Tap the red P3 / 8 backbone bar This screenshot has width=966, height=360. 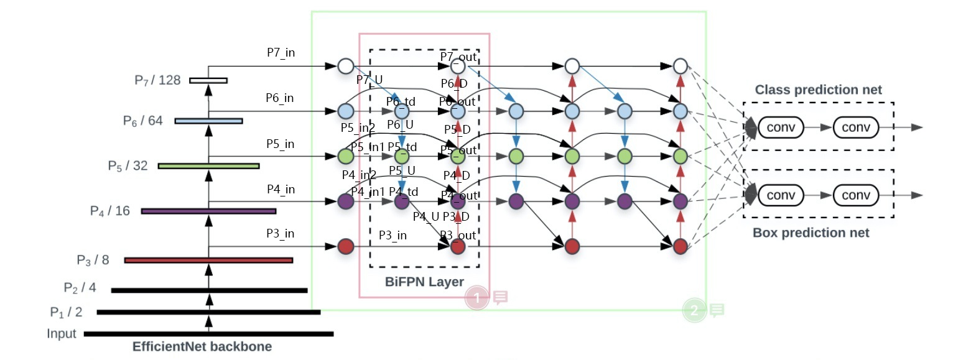coord(208,260)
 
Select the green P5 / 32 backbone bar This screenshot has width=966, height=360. coord(208,166)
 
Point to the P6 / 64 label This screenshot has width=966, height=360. coord(142,121)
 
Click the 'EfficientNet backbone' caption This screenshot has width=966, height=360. coord(202,347)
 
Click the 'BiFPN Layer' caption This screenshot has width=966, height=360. coord(424,282)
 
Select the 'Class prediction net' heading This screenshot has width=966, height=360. coord(818,90)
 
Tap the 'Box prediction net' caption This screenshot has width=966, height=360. coord(810,233)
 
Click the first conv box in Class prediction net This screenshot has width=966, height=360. coord(780,127)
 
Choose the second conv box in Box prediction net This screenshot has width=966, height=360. coord(855,195)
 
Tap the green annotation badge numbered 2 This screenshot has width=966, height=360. coord(694,310)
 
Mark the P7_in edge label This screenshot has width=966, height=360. coord(281,53)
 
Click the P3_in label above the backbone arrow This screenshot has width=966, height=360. coord(280,233)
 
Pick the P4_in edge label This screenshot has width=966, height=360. coord(281,189)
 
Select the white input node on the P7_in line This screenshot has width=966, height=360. coord(345,65)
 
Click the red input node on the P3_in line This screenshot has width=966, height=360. coord(345,247)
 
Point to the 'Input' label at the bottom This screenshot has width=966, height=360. coord(62,334)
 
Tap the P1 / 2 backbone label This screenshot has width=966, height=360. coord(66,312)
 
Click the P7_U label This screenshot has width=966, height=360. coord(369,80)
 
